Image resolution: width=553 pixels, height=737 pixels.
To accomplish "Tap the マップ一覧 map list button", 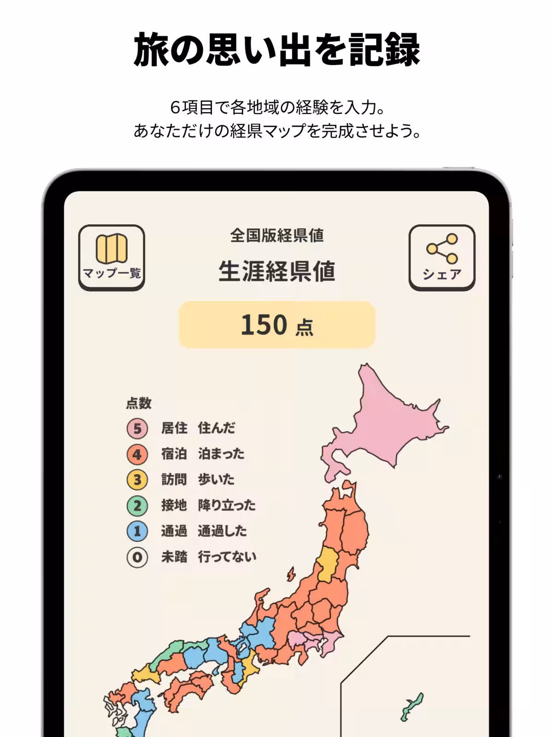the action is coord(112,257).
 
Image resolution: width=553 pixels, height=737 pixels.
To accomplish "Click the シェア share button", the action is coord(441,257).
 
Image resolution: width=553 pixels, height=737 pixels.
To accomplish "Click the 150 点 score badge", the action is coord(277,325).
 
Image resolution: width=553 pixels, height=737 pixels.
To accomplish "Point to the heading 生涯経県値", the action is coord(277,271).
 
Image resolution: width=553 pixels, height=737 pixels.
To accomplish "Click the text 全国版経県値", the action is coord(277,235).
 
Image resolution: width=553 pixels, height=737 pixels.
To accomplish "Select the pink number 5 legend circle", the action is coord(137,428).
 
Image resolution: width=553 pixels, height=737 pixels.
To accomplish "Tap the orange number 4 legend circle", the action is coord(137,454).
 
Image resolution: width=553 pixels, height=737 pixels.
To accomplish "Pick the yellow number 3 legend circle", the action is coord(137,480).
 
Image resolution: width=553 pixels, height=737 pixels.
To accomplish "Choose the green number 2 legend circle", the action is coord(137,506).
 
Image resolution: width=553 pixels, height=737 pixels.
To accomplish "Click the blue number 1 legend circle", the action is coord(137,531).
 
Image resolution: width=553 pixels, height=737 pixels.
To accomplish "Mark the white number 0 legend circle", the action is coord(137,557).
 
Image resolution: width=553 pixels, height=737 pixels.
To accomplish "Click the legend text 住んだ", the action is coord(216,428).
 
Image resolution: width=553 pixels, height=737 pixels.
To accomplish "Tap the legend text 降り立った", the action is coord(226,505).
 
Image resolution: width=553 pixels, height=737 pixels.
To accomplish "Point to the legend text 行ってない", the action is coord(227,557).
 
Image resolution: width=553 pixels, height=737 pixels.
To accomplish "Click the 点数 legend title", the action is coord(139,403).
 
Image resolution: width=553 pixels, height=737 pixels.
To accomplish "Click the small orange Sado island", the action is coord(291,574).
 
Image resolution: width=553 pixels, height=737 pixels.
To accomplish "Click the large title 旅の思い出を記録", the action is coord(276,50).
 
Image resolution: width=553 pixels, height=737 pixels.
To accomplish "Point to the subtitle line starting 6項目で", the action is coord(276,107).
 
